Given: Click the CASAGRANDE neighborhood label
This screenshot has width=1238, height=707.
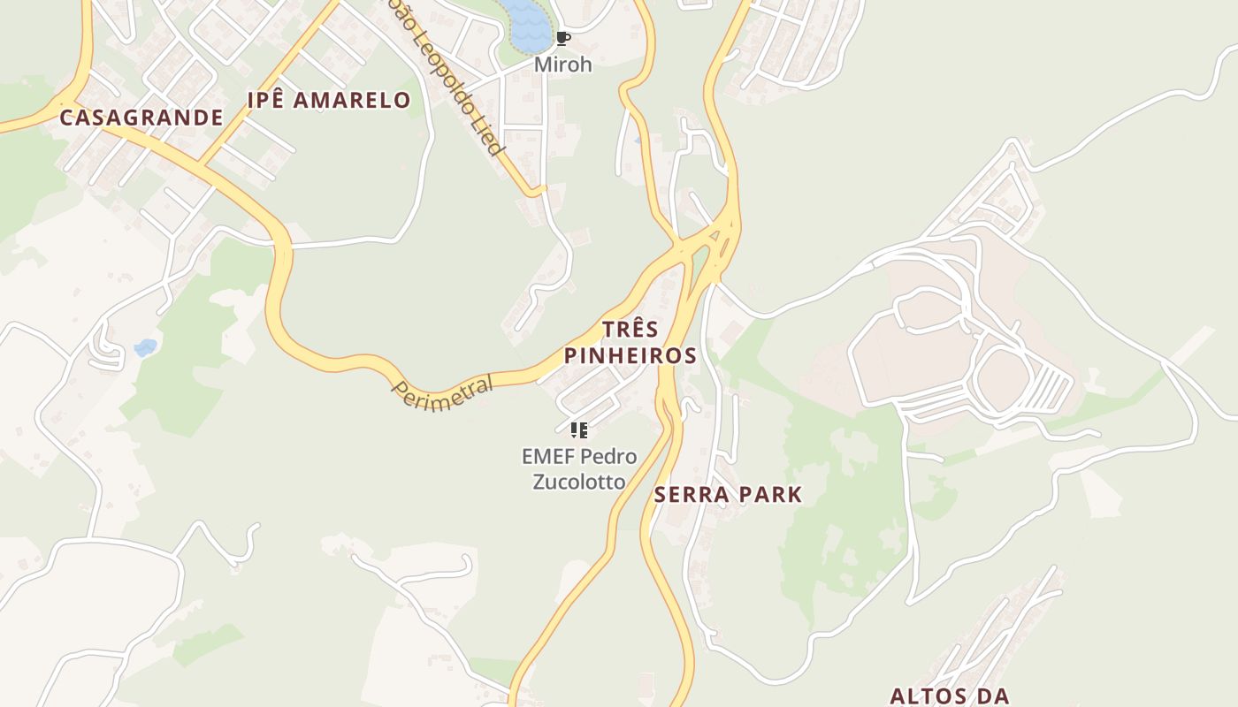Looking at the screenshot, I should tap(141, 118).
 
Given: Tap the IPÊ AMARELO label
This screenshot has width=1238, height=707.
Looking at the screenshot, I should tap(328, 101).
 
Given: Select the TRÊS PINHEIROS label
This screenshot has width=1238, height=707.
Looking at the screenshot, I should tap(630, 343).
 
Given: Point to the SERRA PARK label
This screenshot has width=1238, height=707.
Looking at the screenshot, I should tap(728, 495).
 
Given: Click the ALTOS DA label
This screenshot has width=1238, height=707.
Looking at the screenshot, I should tap(949, 696).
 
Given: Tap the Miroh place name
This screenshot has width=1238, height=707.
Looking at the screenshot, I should tap(562, 65).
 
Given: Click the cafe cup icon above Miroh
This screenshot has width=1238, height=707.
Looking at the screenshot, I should tap(562, 39).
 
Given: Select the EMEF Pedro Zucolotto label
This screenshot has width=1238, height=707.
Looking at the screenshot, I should tap(579, 469).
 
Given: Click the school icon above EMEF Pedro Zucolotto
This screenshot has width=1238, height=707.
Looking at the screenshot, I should tap(579, 430).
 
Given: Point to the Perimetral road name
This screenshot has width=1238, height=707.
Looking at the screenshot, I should tap(443, 393).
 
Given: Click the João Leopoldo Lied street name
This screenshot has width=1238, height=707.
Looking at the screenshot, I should tap(447, 80).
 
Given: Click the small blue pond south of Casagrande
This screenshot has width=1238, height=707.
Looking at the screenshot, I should tap(145, 347).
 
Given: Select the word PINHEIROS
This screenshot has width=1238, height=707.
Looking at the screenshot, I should tap(630, 356).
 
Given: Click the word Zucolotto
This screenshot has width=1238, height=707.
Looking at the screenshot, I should tap(579, 482).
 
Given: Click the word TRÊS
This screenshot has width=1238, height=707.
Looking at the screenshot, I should tap(630, 330).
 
